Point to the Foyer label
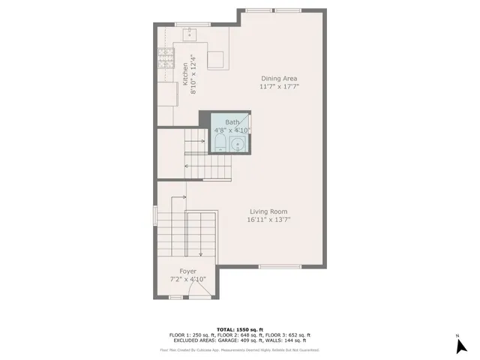(187, 271)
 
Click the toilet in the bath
(221, 142)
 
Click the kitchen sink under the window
(190, 34)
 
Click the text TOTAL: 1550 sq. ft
(240, 329)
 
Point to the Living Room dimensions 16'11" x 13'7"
(267, 220)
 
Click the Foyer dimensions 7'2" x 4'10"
(187, 279)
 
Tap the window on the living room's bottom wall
(280, 267)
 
